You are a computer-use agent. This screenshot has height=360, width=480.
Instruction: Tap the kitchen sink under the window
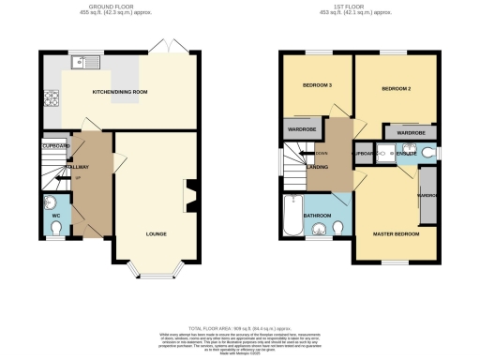[83, 64]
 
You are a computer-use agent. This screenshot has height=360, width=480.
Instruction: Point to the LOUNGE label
[156, 232]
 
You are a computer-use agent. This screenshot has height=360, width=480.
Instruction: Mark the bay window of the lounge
[156, 273]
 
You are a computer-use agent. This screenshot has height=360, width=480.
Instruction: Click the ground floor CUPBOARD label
[56, 146]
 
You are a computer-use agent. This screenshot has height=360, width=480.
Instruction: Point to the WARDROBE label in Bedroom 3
[301, 129]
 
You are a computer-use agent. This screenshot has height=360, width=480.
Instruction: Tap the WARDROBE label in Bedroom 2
[411, 134]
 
